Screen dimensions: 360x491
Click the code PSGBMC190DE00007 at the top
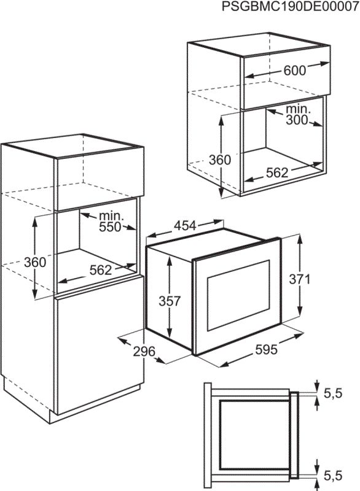[x=290, y=7]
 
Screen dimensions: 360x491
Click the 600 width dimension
[x=294, y=71]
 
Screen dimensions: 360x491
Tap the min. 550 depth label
[x=111, y=222]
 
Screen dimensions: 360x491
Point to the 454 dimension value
[x=185, y=225]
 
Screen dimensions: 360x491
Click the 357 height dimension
[x=170, y=301]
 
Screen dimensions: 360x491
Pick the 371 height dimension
[x=300, y=279]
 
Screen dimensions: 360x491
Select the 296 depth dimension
[x=144, y=351]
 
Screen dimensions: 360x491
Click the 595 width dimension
[x=267, y=349]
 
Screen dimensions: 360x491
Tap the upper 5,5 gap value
[x=333, y=393]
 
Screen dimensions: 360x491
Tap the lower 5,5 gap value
[x=333, y=476]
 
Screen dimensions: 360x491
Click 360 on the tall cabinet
[x=35, y=262]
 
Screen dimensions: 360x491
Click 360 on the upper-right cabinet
[x=220, y=160]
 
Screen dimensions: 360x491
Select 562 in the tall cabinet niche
[x=101, y=270]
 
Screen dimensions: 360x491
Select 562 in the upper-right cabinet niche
[x=277, y=172]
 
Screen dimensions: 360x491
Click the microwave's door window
[x=238, y=296]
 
